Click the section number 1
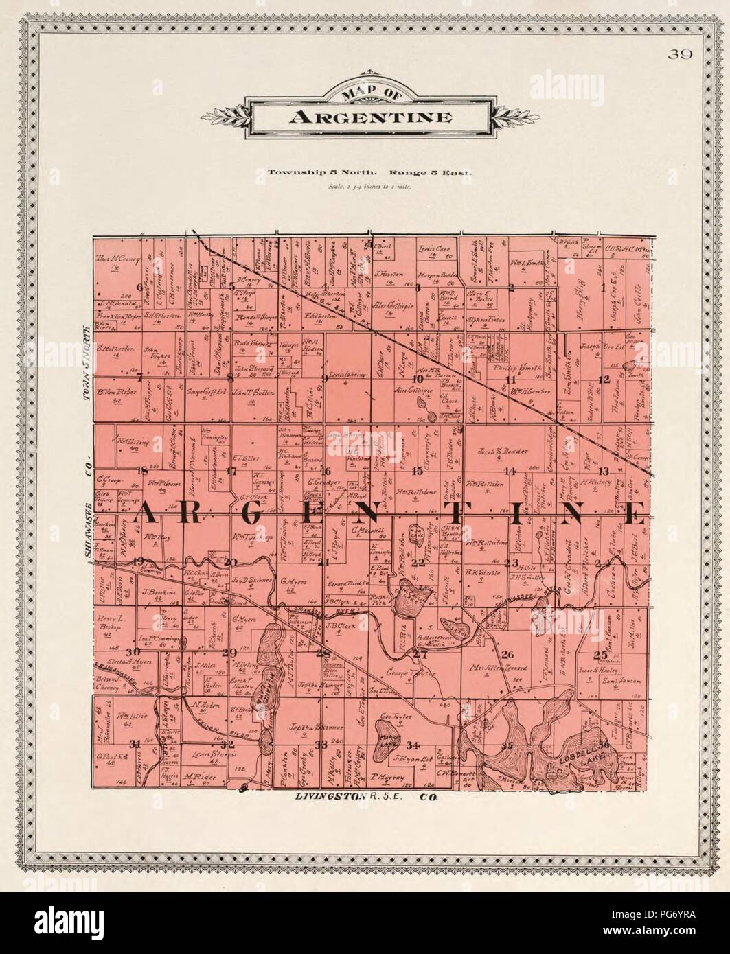click(604, 288)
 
